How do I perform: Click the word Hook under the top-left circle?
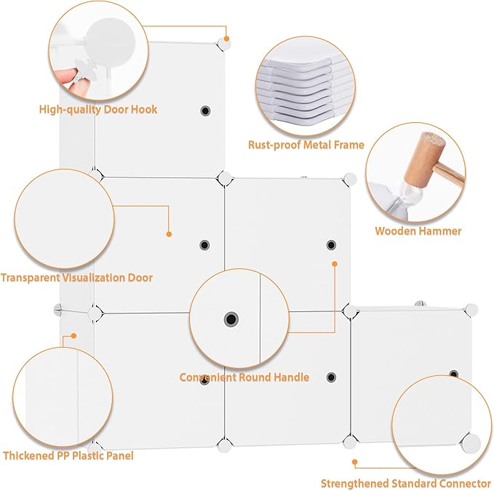click(x=144, y=109)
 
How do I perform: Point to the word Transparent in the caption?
click(x=30, y=278)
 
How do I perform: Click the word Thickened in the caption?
click(x=28, y=456)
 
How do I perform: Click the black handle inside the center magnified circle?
click(x=231, y=319)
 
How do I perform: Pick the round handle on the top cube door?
click(x=205, y=111)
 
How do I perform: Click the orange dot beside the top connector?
click(x=226, y=39)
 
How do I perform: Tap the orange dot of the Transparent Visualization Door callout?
click(x=169, y=234)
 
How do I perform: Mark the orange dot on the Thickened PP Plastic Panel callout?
click(x=73, y=336)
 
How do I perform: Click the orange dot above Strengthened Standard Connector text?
click(x=355, y=462)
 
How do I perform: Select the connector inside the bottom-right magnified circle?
click(x=471, y=443)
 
